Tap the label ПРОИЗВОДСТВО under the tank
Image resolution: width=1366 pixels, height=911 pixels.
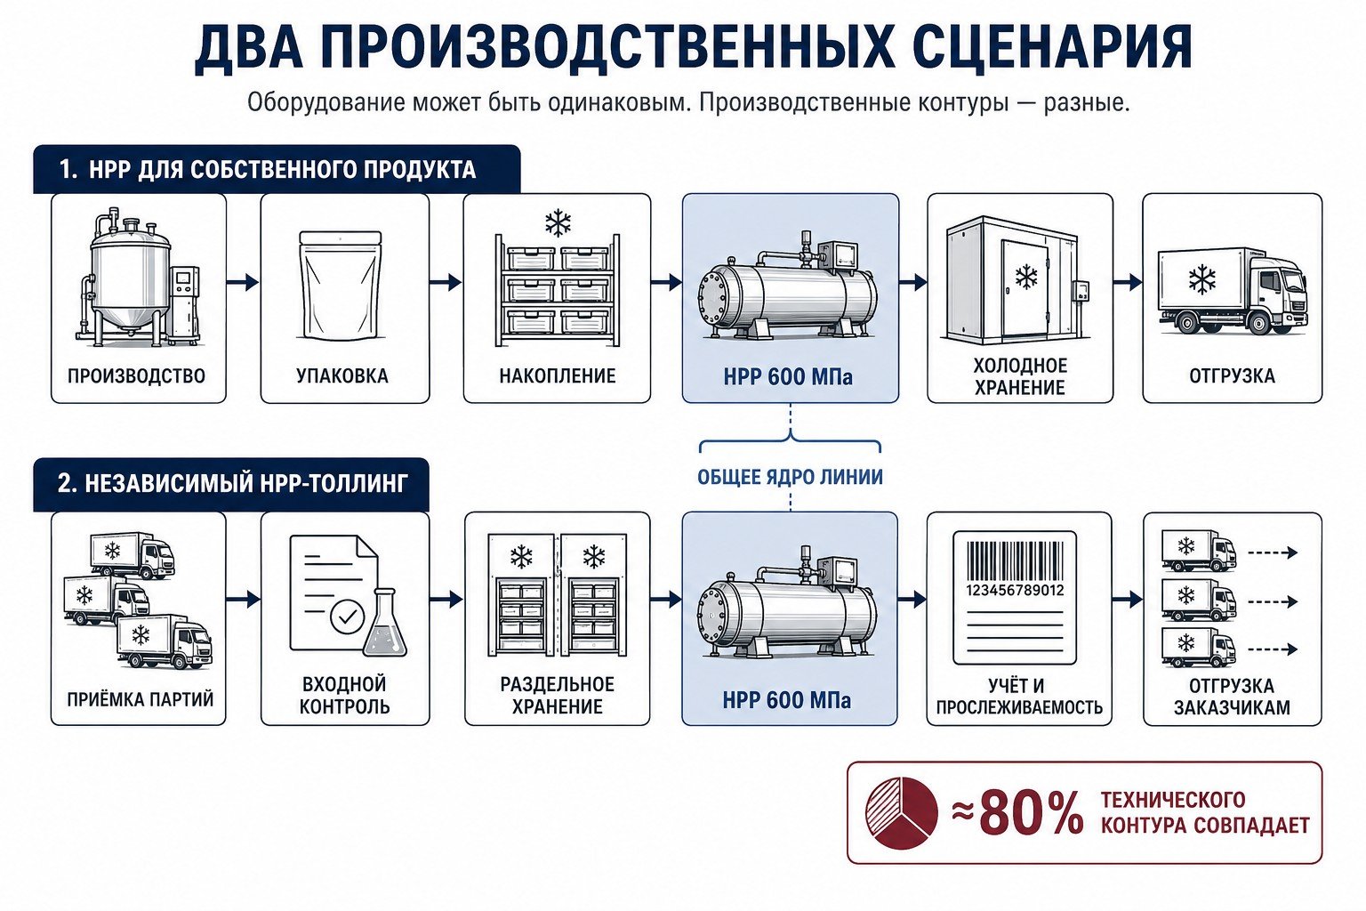(137, 375)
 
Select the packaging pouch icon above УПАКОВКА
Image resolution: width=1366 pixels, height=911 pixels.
(341, 285)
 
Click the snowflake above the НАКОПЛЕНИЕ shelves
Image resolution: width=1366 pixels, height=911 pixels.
(558, 223)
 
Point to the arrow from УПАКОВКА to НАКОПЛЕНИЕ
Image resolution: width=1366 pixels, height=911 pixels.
(446, 283)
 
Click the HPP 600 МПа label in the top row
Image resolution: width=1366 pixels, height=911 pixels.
(788, 377)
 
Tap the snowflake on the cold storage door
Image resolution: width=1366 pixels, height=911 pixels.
(1026, 277)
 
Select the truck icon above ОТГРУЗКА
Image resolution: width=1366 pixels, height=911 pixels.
(1232, 292)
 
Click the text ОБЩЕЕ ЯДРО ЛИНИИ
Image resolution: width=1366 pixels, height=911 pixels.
(790, 477)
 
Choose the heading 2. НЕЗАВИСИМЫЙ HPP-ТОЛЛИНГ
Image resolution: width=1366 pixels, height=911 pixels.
(232, 483)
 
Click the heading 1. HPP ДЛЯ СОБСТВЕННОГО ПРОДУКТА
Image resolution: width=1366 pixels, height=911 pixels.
(267, 170)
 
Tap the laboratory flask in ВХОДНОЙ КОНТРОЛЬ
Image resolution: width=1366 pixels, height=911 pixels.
(385, 623)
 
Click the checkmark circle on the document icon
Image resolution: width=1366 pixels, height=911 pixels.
(347, 617)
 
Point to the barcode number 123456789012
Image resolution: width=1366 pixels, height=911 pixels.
(1015, 590)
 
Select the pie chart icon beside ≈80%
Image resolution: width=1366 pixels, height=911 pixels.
(901, 813)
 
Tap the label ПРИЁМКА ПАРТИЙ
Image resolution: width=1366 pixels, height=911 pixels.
(141, 699)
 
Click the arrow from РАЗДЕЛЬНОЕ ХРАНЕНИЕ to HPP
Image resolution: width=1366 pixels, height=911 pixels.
(666, 600)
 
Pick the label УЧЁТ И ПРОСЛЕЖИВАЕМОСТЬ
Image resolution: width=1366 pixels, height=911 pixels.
(1019, 697)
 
